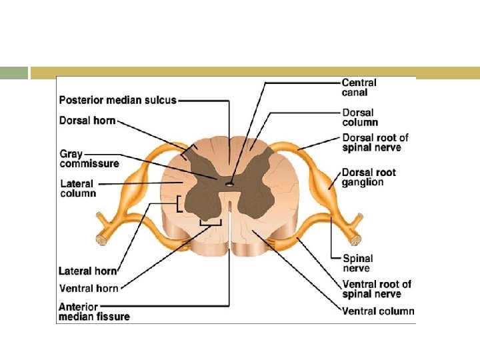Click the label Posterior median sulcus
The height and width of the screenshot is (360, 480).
(118, 100)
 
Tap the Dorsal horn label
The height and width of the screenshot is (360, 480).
(87, 121)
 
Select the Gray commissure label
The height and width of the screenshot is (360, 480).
(89, 159)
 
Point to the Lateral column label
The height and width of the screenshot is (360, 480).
(78, 188)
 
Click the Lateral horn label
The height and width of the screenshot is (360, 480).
(88, 271)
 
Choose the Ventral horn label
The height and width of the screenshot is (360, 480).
(89, 288)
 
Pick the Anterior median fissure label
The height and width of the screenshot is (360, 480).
(94, 311)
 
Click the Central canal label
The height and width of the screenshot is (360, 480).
(359, 87)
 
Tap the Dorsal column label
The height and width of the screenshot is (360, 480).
(360, 117)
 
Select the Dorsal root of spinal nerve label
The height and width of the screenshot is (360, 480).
(375, 142)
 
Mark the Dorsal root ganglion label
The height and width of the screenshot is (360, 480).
(369, 177)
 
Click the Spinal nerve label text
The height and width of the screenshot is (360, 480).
(357, 263)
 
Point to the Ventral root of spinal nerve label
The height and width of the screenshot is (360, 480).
(377, 289)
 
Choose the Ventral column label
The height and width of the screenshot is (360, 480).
(378, 311)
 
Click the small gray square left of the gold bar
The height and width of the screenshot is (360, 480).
(14, 73)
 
